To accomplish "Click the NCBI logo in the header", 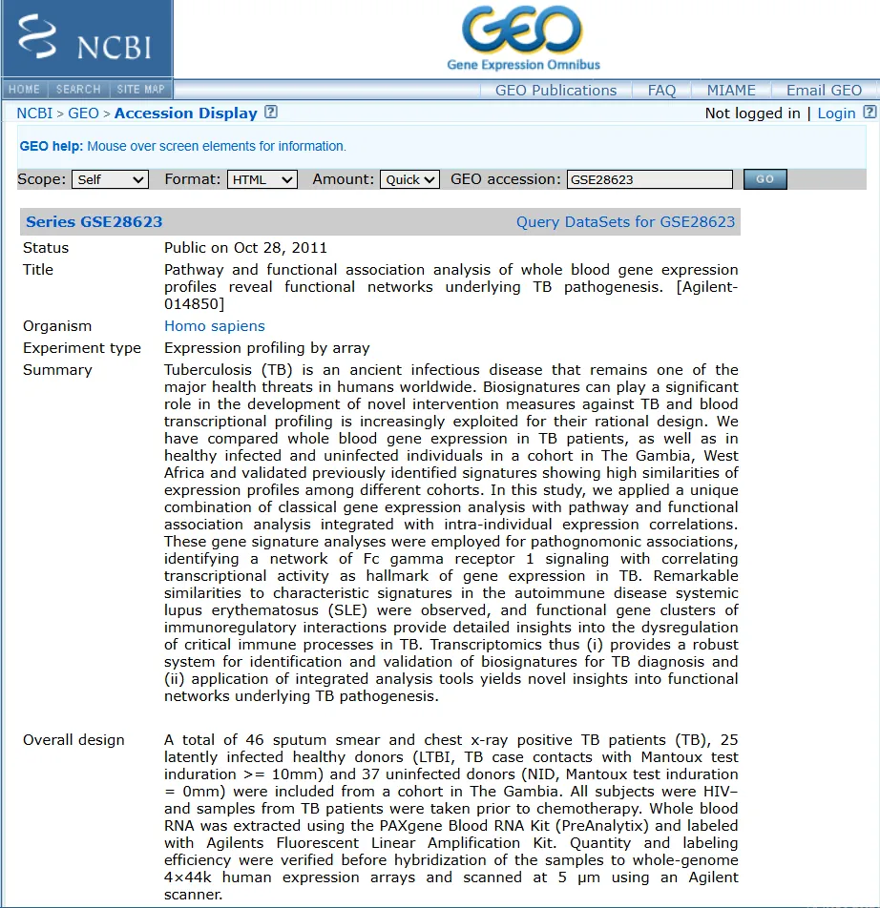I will (x=86, y=38).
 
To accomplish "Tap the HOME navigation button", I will (x=25, y=90).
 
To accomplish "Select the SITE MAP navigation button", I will (x=141, y=90).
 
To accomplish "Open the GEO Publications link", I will (x=555, y=91).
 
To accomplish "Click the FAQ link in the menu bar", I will (x=661, y=91).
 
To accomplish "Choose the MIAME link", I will (x=731, y=91).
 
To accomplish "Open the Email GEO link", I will (x=824, y=91).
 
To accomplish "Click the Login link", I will (x=836, y=113).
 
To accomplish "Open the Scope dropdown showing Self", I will (x=110, y=179).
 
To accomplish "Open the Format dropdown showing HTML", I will (x=262, y=179).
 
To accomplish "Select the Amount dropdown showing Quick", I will (x=409, y=179).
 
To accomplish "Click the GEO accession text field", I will (x=649, y=179).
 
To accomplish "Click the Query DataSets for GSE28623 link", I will (x=625, y=222).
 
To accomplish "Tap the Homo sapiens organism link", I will (x=215, y=326).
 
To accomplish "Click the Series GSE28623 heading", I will (x=94, y=222).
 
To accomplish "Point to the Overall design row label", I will (x=73, y=740).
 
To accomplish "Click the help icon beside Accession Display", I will (x=271, y=113).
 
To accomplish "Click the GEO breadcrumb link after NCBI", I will (x=83, y=113).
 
